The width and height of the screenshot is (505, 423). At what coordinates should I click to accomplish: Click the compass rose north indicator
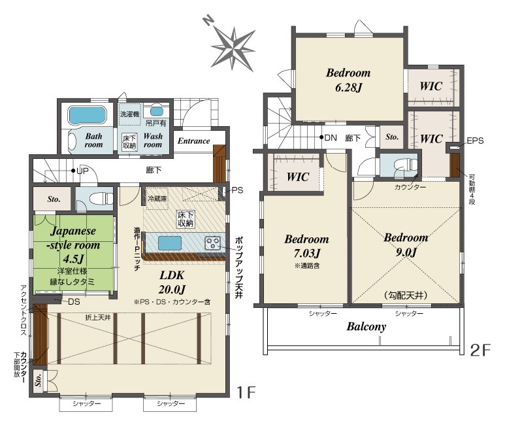pyautogui.click(x=208, y=21)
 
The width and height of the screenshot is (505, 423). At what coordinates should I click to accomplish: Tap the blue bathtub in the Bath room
pyautogui.click(x=87, y=115)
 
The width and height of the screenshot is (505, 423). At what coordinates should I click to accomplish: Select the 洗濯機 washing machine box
pyautogui.click(x=130, y=114)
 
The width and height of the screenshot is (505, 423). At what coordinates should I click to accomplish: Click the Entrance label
pyautogui.click(x=193, y=141)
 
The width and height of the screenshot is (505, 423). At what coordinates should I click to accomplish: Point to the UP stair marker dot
pyautogui.click(x=74, y=171)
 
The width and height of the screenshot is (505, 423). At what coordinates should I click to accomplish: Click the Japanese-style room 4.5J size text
pyautogui.click(x=74, y=259)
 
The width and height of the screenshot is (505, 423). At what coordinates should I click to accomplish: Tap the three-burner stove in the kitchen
pyautogui.click(x=212, y=243)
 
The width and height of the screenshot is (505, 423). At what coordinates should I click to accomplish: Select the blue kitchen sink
pyautogui.click(x=170, y=243)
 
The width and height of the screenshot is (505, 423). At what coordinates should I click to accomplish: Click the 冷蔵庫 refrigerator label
pyautogui.click(x=157, y=199)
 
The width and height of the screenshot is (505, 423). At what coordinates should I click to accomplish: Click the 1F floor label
pyautogui.click(x=246, y=393)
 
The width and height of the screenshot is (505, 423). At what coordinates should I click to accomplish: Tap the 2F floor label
pyautogui.click(x=480, y=350)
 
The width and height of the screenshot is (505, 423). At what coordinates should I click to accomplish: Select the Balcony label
pyautogui.click(x=367, y=327)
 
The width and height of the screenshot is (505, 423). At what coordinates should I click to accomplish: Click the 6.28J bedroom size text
pyautogui.click(x=349, y=88)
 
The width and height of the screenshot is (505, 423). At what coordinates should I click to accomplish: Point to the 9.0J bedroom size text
pyautogui.click(x=406, y=252)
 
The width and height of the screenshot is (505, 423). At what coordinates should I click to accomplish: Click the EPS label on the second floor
pyautogui.click(x=475, y=141)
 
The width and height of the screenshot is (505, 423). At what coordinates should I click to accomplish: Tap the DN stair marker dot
pyautogui.click(x=321, y=137)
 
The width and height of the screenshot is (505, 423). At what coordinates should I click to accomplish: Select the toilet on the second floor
pyautogui.click(x=406, y=165)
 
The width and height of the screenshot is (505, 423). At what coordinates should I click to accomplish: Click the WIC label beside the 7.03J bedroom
pyautogui.click(x=298, y=177)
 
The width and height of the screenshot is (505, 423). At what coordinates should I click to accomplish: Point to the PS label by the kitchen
pyautogui.click(x=237, y=190)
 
